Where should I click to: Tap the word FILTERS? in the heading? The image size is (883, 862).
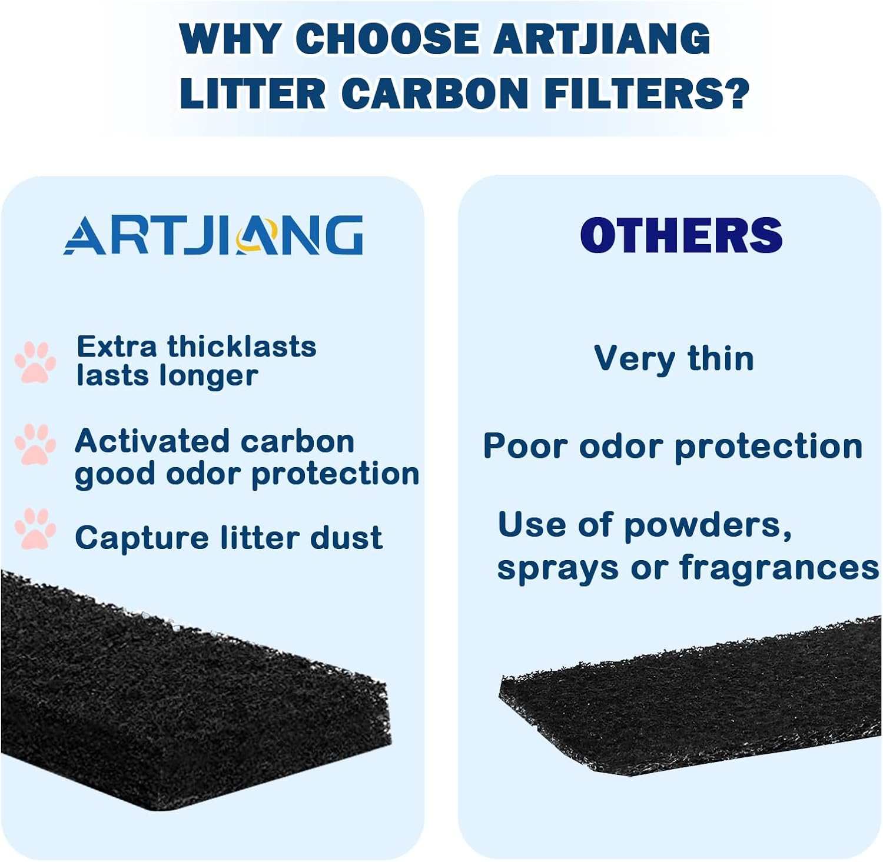646,94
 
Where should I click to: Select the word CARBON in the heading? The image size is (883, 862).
434,94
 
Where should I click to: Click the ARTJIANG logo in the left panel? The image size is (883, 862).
213,235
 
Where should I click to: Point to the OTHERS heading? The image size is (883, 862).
681,235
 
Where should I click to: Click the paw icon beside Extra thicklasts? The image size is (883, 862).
35,362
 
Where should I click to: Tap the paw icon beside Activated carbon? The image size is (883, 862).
35,444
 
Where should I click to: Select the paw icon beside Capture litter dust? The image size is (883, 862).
35,528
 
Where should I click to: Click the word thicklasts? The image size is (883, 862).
242,347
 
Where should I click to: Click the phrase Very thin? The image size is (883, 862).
674,359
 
